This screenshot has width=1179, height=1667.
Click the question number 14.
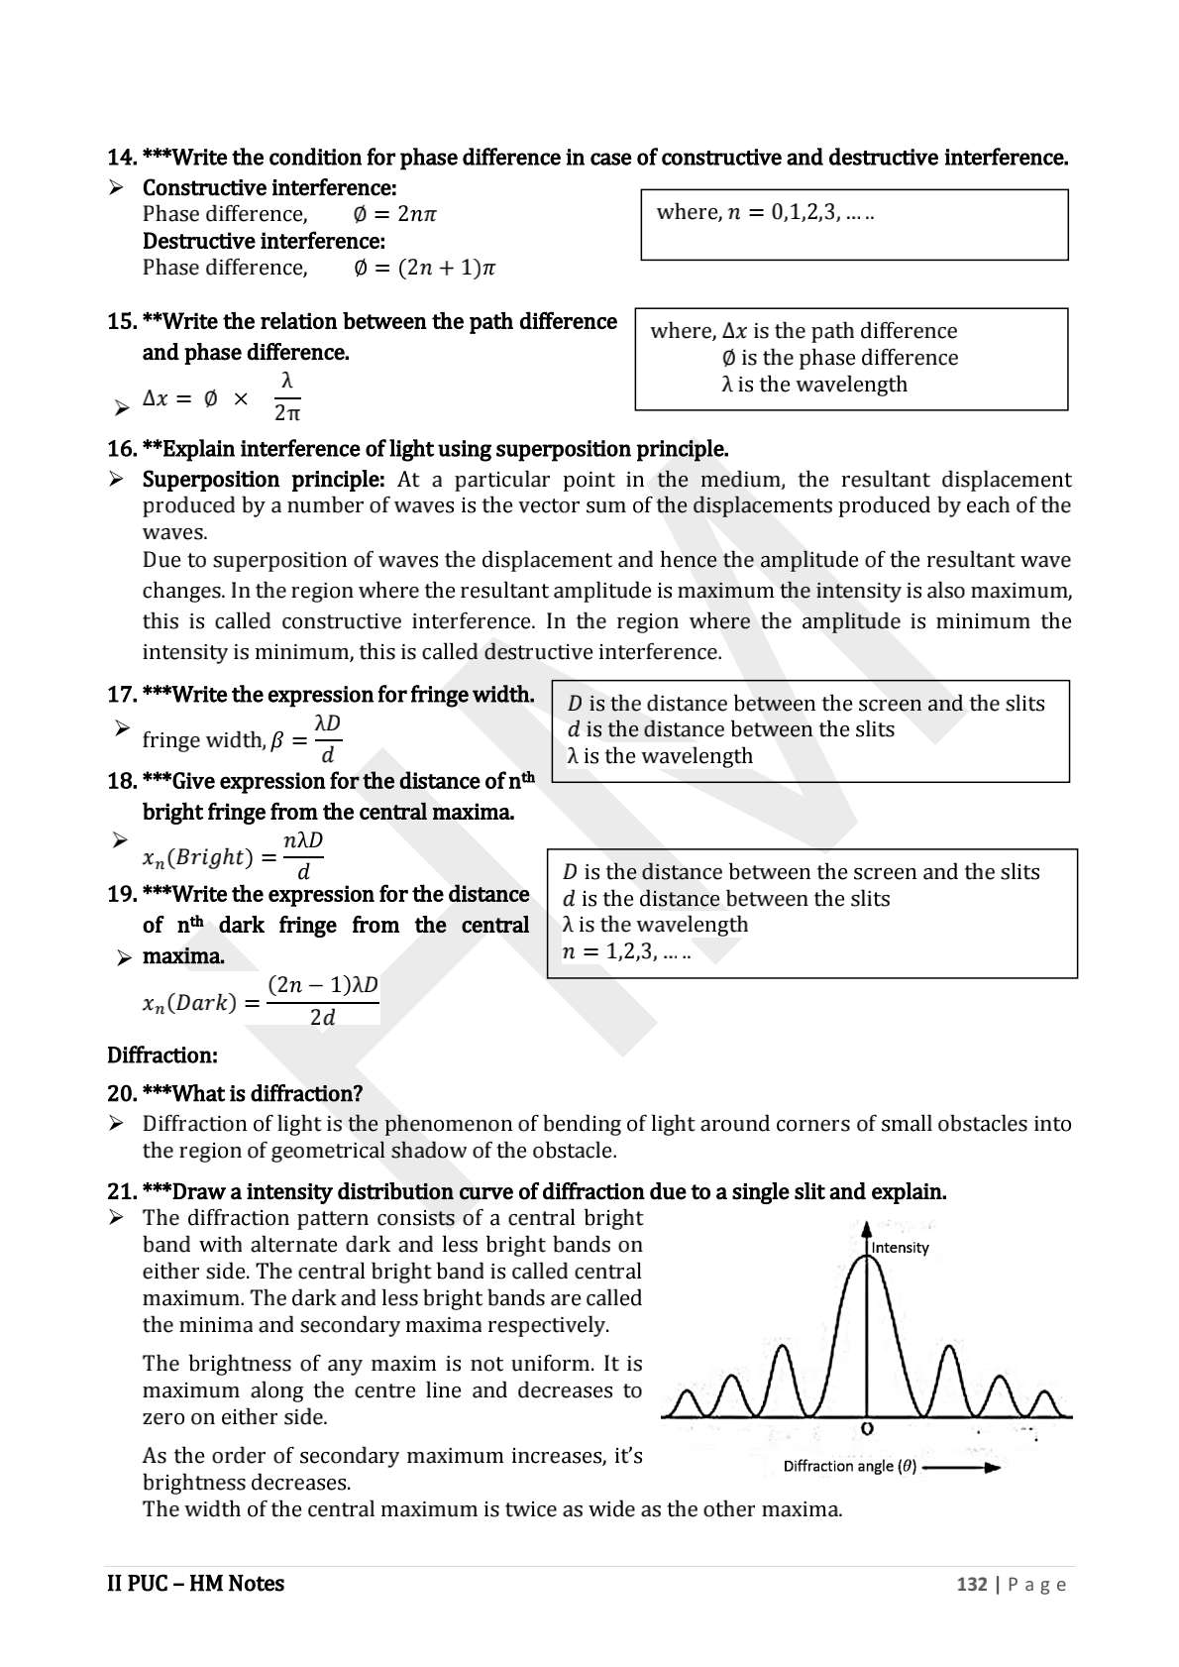pyautogui.click(x=121, y=158)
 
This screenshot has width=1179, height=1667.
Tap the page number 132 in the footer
pyautogui.click(x=971, y=1584)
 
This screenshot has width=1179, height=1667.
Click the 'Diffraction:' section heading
pyautogui.click(x=161, y=1055)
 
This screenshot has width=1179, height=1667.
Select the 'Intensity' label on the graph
pyautogui.click(x=900, y=1248)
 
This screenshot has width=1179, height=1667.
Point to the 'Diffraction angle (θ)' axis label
pyautogui.click(x=849, y=1466)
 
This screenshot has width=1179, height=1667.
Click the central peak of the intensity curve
pyautogui.click(x=867, y=1264)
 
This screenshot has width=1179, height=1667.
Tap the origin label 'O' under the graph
pyautogui.click(x=867, y=1429)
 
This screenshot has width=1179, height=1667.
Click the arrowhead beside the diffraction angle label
pyautogui.click(x=991, y=1468)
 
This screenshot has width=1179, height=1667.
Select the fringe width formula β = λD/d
pyautogui.click(x=242, y=739)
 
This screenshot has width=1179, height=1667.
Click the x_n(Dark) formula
pyautogui.click(x=261, y=1001)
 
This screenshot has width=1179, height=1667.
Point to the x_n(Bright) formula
pyautogui.click(x=234, y=855)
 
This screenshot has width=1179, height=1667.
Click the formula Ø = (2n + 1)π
pyautogui.click(x=424, y=268)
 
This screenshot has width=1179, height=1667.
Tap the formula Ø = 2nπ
pyautogui.click(x=394, y=214)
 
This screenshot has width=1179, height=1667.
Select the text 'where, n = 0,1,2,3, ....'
pyautogui.click(x=765, y=212)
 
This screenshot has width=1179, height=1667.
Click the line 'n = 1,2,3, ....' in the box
pyautogui.click(x=626, y=951)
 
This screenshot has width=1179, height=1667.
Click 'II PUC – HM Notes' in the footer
pyautogui.click(x=195, y=1584)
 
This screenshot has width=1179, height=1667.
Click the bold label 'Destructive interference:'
pyautogui.click(x=264, y=241)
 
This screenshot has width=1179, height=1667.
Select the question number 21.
pyautogui.click(x=121, y=1191)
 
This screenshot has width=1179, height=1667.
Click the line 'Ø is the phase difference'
pyautogui.click(x=840, y=358)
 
